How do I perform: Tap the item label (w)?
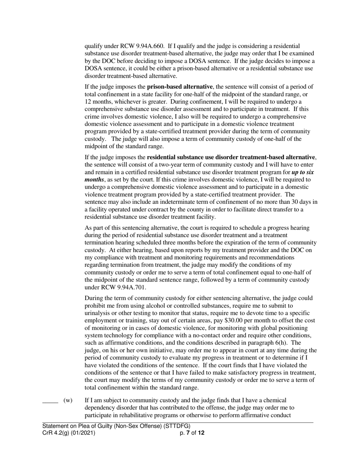point(68,400)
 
